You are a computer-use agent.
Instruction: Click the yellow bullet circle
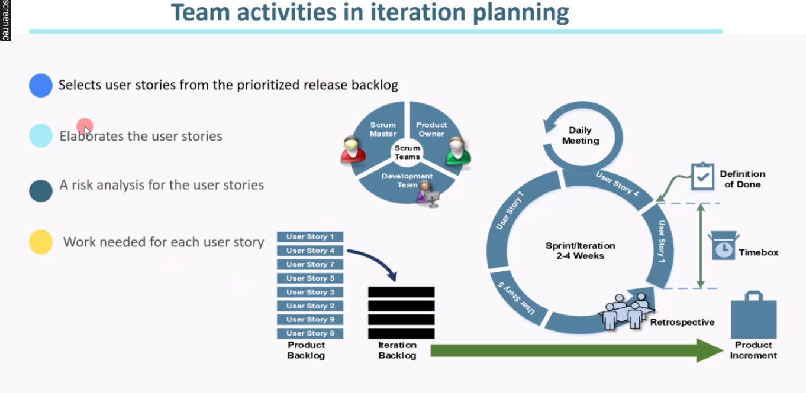(x=41, y=242)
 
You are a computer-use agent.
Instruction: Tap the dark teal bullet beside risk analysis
(x=41, y=190)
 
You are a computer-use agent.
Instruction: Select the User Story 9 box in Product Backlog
(x=310, y=320)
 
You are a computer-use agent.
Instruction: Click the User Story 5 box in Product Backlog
(x=310, y=278)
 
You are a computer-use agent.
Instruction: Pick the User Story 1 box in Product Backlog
(x=310, y=237)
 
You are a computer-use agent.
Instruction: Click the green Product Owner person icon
(x=458, y=151)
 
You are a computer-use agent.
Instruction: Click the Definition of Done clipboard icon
(x=702, y=176)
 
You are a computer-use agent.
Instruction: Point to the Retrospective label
(x=682, y=322)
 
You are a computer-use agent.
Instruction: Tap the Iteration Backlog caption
(x=397, y=350)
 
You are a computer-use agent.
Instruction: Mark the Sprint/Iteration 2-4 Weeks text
(x=581, y=251)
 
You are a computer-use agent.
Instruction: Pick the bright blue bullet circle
(x=41, y=85)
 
